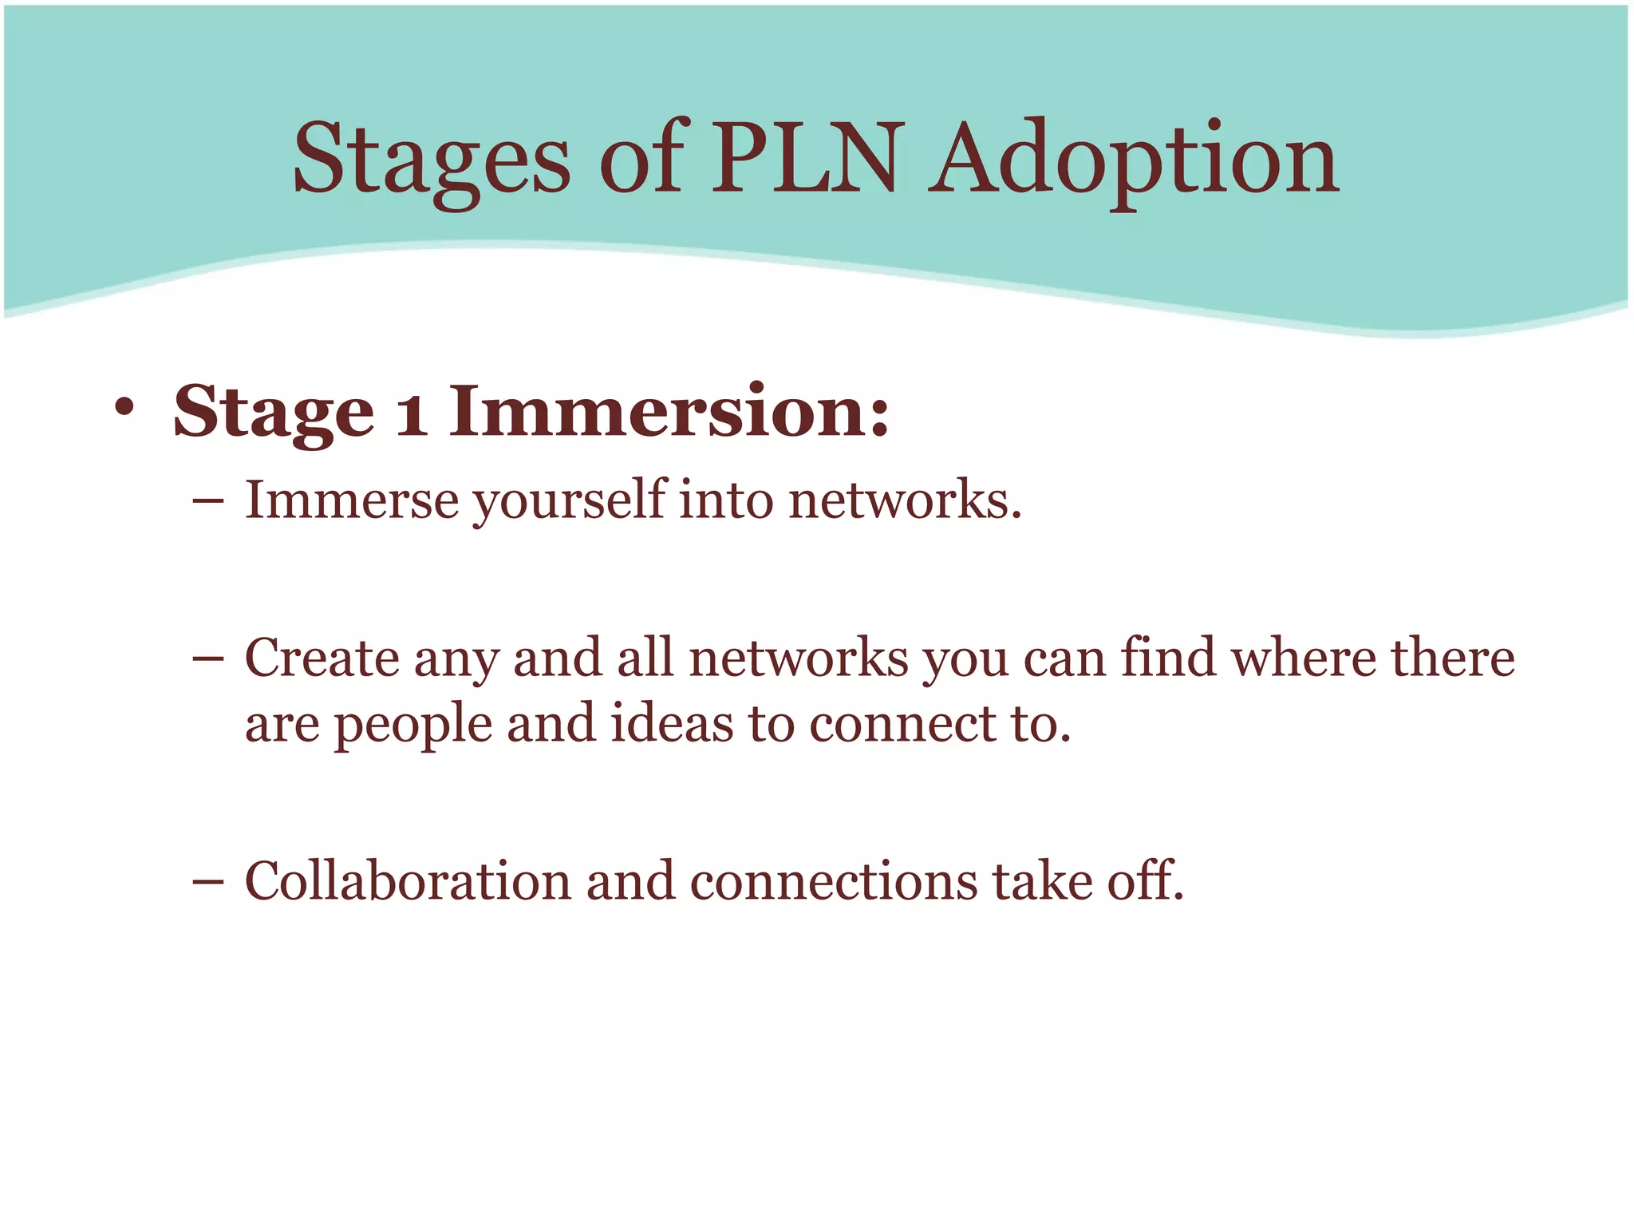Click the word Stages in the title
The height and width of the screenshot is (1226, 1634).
click(x=432, y=160)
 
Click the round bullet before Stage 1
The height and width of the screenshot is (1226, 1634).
click(x=124, y=409)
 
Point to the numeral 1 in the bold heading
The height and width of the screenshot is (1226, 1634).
click(x=411, y=413)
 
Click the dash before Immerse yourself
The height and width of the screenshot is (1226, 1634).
click(x=208, y=502)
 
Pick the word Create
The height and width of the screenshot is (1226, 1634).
click(x=322, y=658)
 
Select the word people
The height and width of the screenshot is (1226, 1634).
click(x=412, y=726)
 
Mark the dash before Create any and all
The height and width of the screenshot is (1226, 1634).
click(x=208, y=660)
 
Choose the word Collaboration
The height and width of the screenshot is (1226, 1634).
click(x=408, y=881)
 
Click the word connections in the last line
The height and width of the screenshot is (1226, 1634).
click(x=833, y=881)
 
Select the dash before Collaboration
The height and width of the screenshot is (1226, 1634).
click(x=208, y=883)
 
